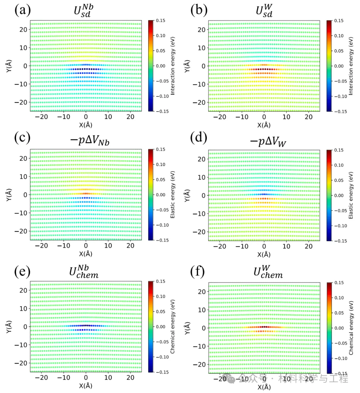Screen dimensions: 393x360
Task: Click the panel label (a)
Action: [22, 10]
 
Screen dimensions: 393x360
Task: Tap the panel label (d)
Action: [199, 138]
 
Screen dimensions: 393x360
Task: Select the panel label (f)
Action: [197, 271]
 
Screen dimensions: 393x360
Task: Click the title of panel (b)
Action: [264, 11]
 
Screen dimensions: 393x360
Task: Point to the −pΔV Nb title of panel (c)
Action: [89, 140]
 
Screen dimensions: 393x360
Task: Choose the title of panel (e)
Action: [84, 272]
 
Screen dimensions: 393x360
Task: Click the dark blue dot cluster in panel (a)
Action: [86, 69]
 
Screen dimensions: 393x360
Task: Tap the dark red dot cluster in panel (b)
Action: [264, 69]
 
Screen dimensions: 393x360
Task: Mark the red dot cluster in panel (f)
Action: [264, 327]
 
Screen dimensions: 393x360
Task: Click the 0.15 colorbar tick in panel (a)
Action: [161, 21]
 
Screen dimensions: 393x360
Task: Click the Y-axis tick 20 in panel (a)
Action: [23, 30]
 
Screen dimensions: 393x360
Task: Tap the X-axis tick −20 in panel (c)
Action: [41, 246]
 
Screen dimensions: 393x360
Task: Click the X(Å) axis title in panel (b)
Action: [264, 125]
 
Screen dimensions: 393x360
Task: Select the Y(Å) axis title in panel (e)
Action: [9, 327]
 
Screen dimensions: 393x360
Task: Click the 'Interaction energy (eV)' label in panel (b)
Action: [351, 66]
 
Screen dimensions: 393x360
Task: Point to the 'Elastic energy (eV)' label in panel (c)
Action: [173, 195]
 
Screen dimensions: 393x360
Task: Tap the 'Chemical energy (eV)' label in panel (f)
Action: [351, 328]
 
